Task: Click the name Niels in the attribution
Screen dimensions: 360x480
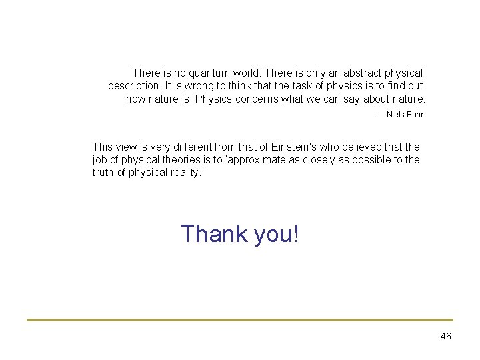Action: tap(395, 115)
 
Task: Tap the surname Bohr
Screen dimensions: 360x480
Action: tap(415, 115)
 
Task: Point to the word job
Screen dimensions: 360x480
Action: tap(100, 160)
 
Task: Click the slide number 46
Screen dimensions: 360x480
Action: tap(446, 337)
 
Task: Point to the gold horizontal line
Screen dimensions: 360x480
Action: tap(240, 320)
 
